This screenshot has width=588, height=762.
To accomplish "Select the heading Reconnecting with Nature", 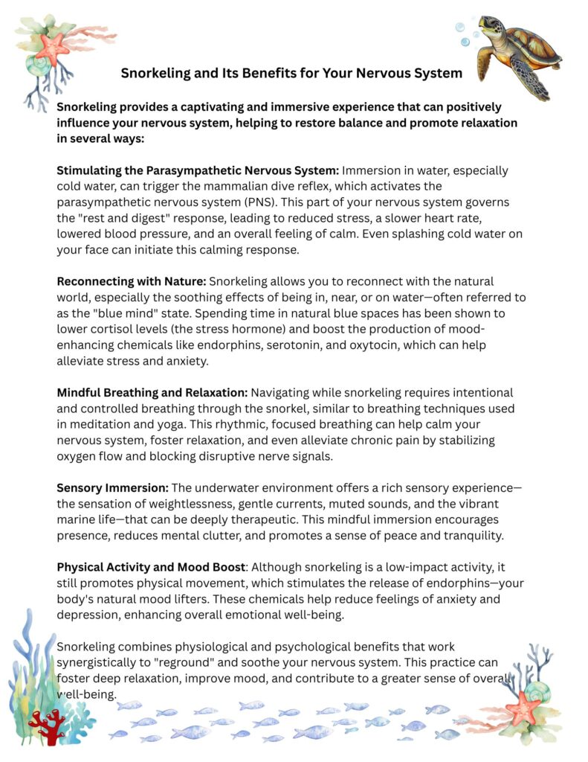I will point(132,282).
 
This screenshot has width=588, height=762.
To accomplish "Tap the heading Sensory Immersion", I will point(113,487).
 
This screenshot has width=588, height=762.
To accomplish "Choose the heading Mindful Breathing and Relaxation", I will point(152,392).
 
